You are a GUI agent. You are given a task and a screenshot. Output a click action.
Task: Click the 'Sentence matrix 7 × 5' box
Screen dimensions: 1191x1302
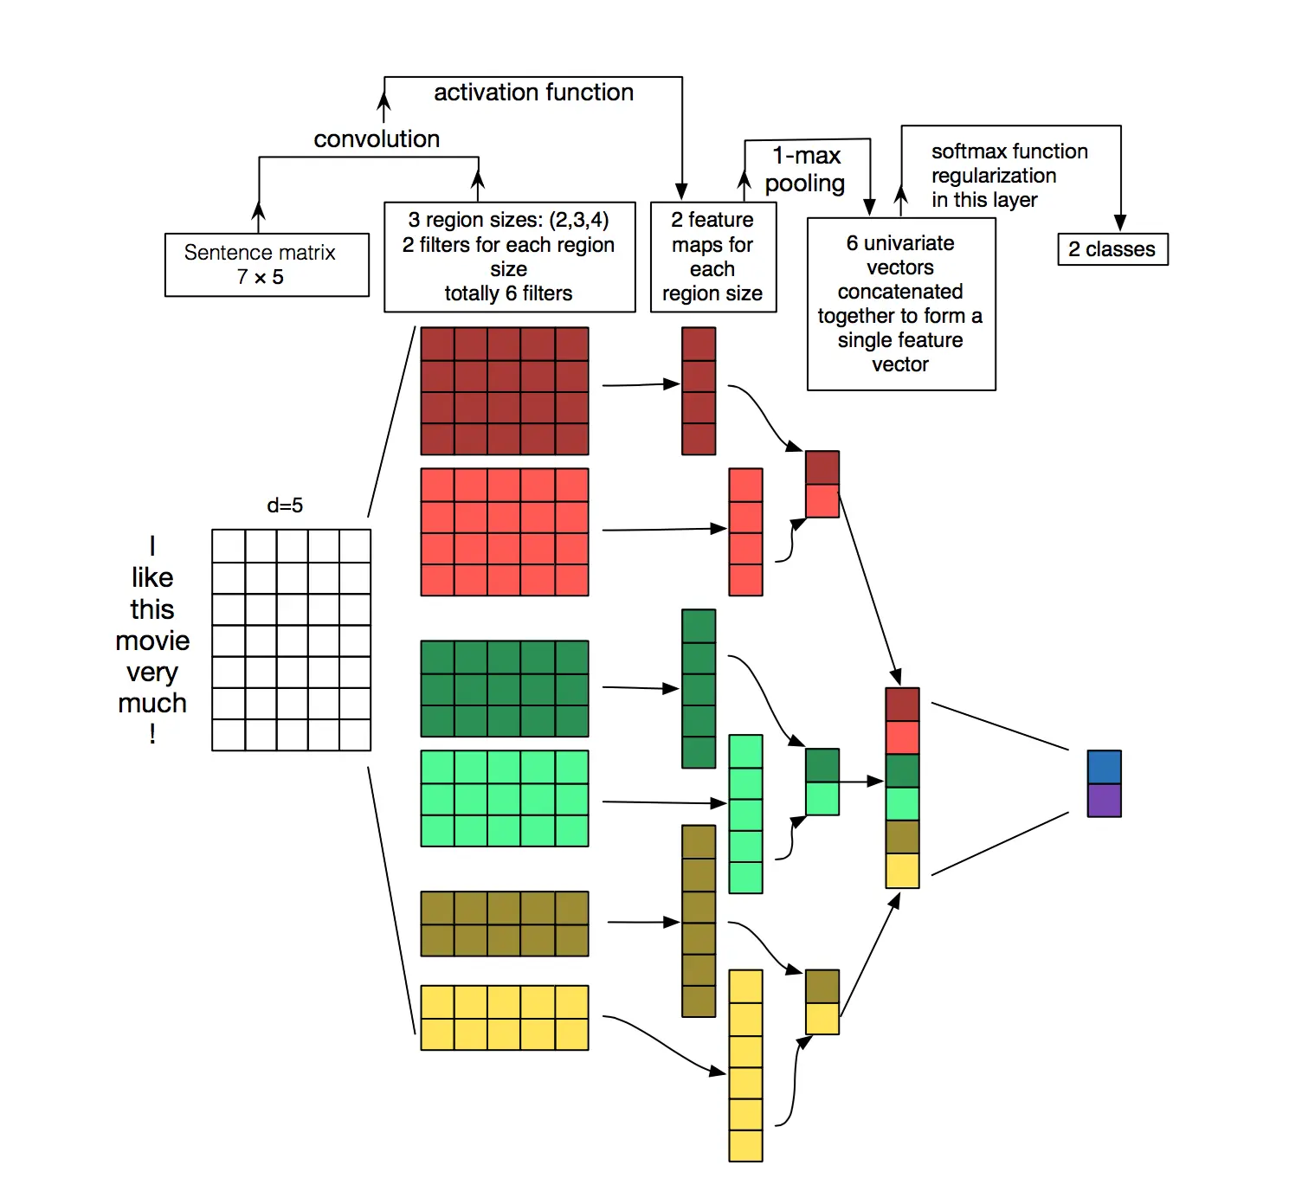coord(267,265)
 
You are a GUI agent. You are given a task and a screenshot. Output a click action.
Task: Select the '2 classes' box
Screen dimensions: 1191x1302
coord(1112,249)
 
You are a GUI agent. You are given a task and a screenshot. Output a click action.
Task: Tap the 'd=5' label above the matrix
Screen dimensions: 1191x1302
coord(285,505)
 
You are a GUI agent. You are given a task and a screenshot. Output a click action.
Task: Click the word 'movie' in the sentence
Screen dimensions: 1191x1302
coord(152,641)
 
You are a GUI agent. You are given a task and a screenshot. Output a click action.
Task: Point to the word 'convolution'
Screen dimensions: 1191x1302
coord(377,139)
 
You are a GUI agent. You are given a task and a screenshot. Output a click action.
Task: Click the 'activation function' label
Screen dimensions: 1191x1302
coord(533,93)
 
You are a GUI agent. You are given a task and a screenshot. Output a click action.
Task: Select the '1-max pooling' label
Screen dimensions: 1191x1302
coord(806,170)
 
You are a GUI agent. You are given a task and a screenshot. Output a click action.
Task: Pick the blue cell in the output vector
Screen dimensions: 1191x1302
coord(1104,767)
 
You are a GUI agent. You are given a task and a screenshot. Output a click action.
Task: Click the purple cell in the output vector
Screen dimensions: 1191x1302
coord(1104,801)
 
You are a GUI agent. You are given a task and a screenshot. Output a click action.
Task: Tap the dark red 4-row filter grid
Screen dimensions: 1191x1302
coord(505,391)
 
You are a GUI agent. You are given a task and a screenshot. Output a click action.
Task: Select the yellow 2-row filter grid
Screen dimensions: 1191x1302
coord(505,1018)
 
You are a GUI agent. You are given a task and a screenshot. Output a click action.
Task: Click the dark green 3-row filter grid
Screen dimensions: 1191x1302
coord(505,689)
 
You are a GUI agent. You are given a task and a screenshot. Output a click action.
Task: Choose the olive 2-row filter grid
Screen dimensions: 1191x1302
coord(505,924)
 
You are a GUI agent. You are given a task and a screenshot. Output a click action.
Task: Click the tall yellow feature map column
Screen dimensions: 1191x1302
coord(745,1065)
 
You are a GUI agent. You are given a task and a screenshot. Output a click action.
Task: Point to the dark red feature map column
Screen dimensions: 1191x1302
coord(699,391)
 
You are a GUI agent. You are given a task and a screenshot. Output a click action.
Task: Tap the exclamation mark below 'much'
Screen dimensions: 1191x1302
coord(152,735)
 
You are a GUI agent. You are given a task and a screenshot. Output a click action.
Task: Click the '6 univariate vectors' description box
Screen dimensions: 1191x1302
coord(901,304)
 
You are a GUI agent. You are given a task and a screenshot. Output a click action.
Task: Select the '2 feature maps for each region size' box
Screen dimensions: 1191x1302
coord(712,257)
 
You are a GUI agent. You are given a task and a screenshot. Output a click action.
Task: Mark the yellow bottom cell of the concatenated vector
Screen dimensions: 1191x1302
coord(902,871)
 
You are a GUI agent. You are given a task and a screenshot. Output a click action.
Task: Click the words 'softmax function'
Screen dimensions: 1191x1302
coord(1009,151)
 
